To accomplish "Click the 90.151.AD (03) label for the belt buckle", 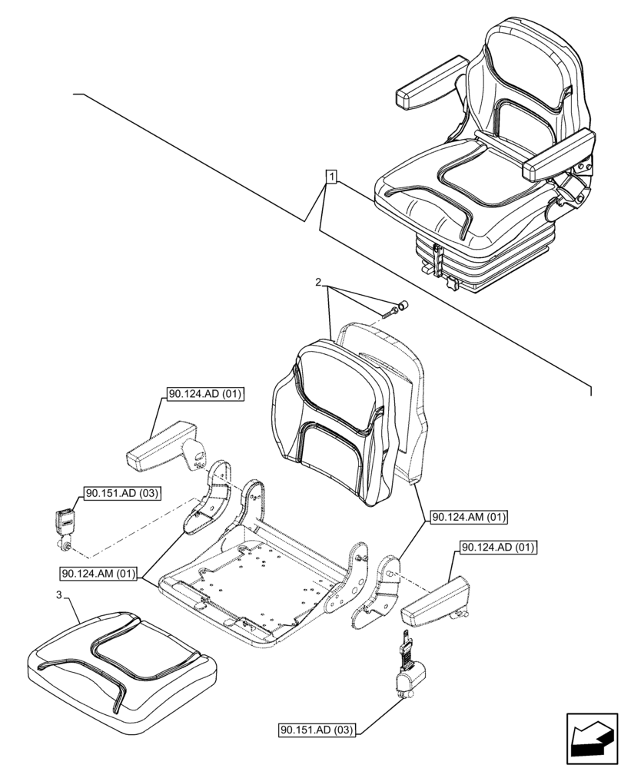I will pos(118,493).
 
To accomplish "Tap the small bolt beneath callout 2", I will pos(389,312).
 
